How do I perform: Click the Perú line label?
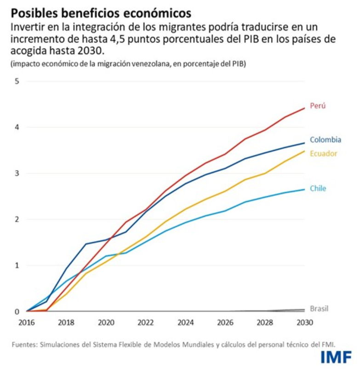click(x=317, y=106)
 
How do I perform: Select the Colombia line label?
click(x=325, y=140)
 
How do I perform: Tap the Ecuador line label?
click(x=323, y=154)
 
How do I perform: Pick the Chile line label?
click(x=318, y=188)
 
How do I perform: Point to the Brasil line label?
click(x=319, y=308)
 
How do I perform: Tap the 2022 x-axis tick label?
click(x=145, y=322)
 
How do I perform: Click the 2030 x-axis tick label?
click(x=304, y=322)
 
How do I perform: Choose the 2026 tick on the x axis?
click(x=225, y=322)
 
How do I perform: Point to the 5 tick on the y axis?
click(x=17, y=81)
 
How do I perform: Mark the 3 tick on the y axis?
click(x=17, y=173)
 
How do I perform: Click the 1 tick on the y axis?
click(x=17, y=265)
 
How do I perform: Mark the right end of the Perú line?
click(x=304, y=108)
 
